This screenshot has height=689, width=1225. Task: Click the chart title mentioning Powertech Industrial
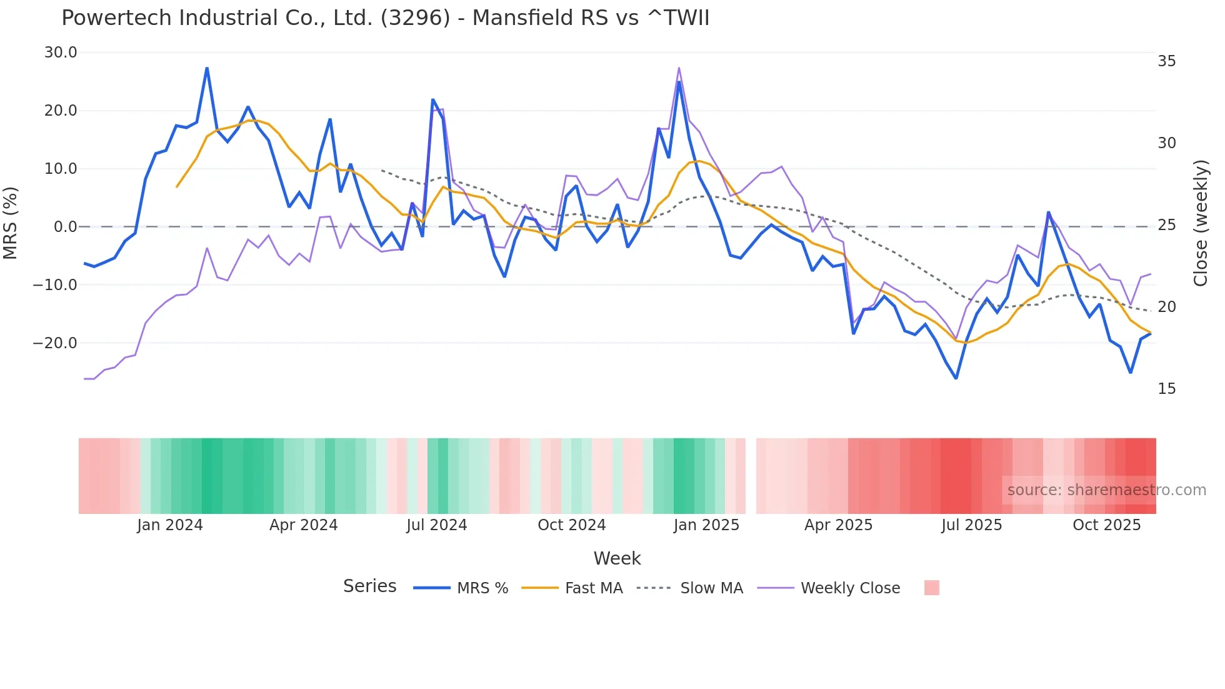[385, 18]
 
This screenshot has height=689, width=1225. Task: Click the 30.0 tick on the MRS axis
[61, 53]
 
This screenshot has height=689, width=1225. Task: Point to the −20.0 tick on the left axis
[55, 343]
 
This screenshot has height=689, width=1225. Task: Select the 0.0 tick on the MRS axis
[65, 227]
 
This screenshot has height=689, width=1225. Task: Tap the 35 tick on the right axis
[1166, 61]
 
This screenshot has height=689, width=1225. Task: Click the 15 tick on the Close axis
[1166, 389]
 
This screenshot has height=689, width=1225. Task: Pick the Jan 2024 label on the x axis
[170, 525]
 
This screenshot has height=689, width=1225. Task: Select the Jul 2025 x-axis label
[971, 525]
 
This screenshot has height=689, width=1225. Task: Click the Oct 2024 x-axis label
[571, 525]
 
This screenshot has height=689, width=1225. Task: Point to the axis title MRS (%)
[11, 223]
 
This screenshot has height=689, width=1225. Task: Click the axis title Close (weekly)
[1200, 223]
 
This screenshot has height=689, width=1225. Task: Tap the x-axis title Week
[617, 558]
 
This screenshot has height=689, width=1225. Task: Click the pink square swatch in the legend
[931, 588]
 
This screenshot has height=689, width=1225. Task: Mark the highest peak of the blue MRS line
[207, 68]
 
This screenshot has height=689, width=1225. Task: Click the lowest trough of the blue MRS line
[956, 378]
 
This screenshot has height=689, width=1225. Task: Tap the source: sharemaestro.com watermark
[1106, 490]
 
